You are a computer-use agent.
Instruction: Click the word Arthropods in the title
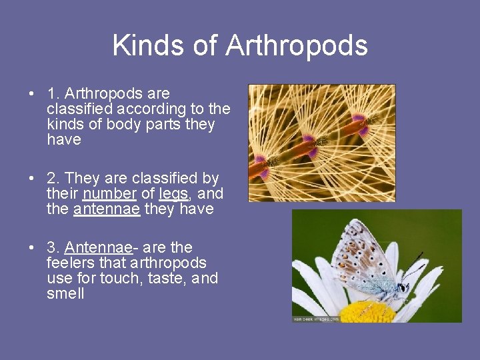[297, 45]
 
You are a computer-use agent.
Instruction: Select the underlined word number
[110, 194]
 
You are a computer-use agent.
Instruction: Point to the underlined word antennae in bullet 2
[107, 209]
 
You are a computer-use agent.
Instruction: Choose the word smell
[65, 294]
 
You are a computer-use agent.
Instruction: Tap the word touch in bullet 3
[117, 279]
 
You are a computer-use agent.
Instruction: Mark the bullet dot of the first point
[32, 94]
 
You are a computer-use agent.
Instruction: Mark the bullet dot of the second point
[32, 179]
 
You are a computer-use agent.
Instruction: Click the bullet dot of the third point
[32, 248]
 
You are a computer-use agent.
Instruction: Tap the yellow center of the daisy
[367, 311]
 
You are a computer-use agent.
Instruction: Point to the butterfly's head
[402, 287]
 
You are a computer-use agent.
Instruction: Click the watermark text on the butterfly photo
[316, 319]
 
